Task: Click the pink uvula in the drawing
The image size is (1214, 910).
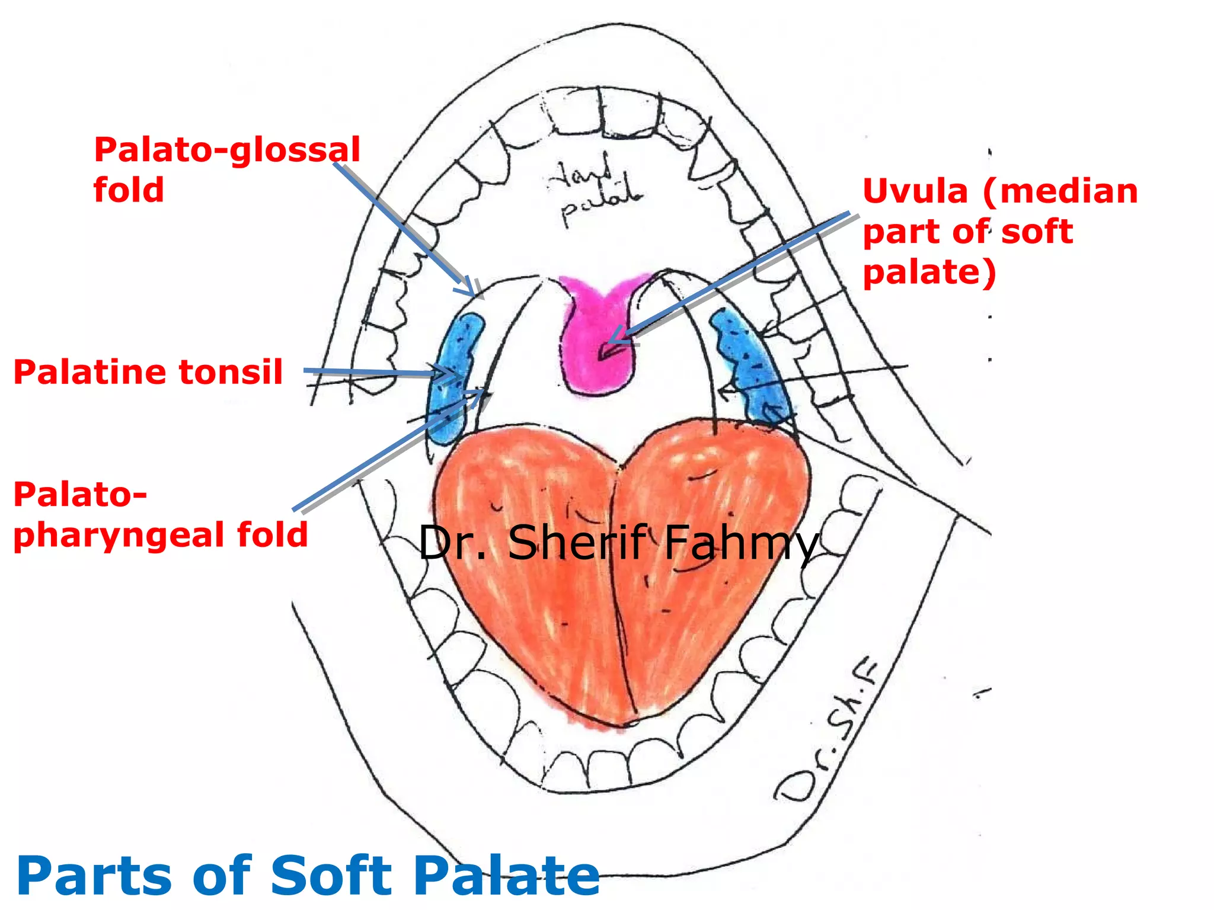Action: click(x=596, y=344)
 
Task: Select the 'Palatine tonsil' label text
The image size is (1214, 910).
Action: click(x=148, y=372)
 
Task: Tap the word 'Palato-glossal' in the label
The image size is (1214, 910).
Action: click(x=227, y=150)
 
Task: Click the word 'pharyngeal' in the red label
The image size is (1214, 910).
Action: click(x=119, y=536)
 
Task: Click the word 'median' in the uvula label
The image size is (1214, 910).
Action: click(x=1060, y=192)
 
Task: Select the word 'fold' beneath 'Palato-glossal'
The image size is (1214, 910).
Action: click(x=129, y=190)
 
